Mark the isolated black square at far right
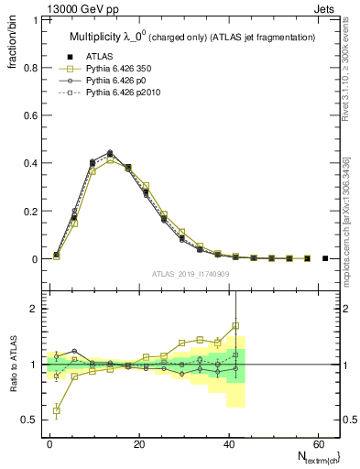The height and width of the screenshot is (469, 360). (x=325, y=258)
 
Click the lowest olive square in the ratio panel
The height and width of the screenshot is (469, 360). (x=57, y=410)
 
